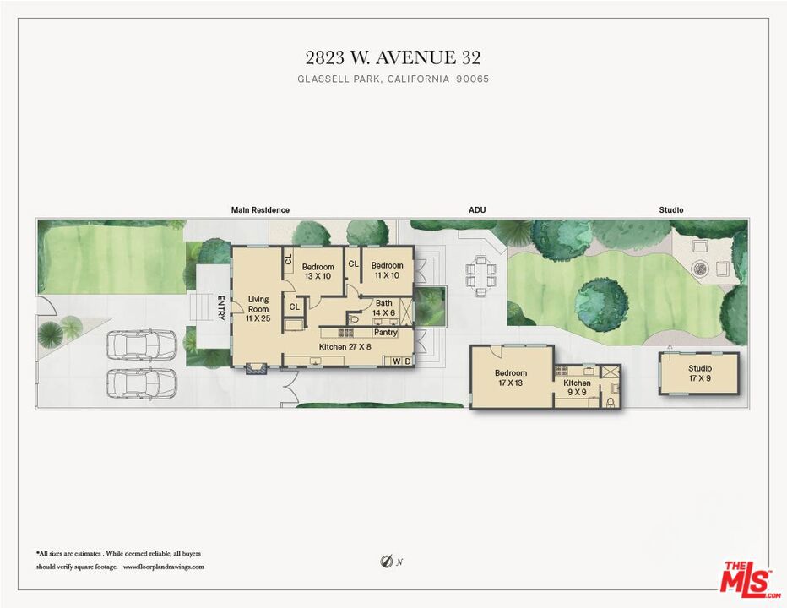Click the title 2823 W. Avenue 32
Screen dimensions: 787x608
click(393, 57)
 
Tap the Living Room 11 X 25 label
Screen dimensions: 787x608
click(258, 309)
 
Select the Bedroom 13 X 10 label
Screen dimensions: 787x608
click(318, 271)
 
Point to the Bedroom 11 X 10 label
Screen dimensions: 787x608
click(387, 270)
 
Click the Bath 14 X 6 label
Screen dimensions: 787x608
click(384, 307)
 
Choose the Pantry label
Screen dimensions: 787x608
click(385, 333)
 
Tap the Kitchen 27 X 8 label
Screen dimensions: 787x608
click(345, 347)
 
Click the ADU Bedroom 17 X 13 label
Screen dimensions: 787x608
click(510, 377)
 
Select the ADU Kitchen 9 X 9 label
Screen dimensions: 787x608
click(577, 387)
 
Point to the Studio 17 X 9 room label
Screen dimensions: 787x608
click(700, 373)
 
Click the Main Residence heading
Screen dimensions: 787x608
click(260, 210)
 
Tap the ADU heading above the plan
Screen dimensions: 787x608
click(477, 210)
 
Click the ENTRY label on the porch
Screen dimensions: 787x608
click(220, 307)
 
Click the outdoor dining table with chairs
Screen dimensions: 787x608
click(480, 275)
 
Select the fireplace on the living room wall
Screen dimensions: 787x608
click(257, 370)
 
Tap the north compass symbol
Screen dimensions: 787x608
click(387, 562)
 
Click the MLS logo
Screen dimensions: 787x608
click(748, 580)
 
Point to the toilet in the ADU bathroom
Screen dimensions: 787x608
click(611, 402)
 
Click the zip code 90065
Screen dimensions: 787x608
click(472, 79)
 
